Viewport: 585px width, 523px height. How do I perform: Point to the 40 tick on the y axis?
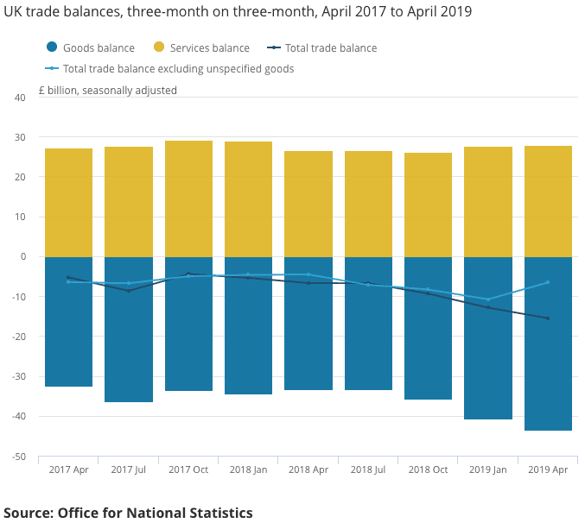tap(20, 98)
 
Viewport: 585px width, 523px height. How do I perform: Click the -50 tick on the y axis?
tap(18, 457)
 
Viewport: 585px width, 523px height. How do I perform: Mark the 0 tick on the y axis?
tap(22, 257)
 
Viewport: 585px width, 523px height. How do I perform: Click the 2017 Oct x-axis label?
tap(188, 469)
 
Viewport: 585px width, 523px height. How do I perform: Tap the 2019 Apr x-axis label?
tap(548, 469)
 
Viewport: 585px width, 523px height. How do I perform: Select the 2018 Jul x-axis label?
tap(368, 469)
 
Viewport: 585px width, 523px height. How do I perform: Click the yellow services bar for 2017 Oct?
tap(188, 198)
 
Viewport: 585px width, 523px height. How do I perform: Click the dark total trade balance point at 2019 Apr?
tap(548, 318)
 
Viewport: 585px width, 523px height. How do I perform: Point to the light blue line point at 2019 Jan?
tap(488, 299)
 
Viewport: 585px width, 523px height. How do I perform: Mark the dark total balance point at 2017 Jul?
tap(129, 291)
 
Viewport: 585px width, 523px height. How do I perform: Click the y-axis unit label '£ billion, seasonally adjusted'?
tap(108, 90)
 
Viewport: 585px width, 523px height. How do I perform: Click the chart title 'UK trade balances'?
tap(238, 13)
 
